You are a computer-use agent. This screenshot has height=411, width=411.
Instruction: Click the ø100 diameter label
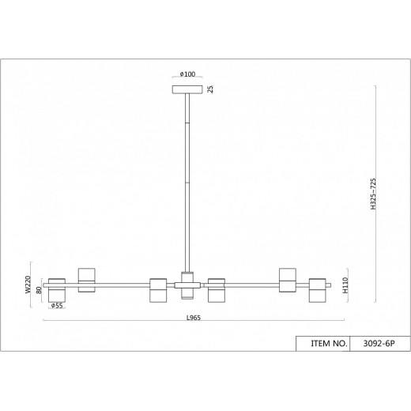click(x=187, y=74)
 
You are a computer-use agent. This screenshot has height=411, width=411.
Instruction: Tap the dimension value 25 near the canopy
click(x=210, y=89)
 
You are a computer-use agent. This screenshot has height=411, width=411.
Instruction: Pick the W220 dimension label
click(x=28, y=284)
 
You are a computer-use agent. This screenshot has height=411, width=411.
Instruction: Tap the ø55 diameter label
click(x=57, y=305)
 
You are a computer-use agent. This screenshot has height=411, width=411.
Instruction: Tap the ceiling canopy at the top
click(x=187, y=89)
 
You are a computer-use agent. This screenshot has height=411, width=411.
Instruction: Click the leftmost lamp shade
click(x=56, y=288)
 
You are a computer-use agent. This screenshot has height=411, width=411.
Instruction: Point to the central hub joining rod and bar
click(x=187, y=285)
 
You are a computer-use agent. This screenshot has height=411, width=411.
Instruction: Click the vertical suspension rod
click(x=187, y=182)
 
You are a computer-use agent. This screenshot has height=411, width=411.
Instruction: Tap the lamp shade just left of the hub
click(x=156, y=288)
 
